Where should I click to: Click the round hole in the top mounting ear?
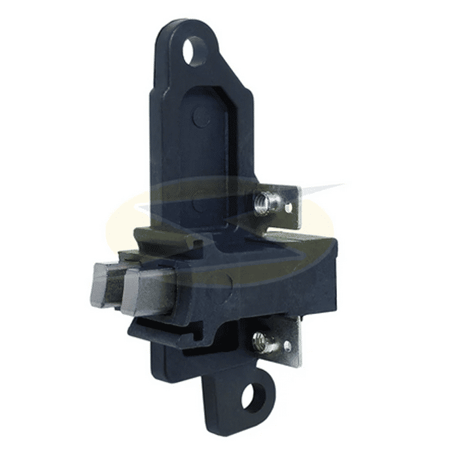pyautogui.click(x=194, y=51)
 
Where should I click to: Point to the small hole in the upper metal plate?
pyautogui.click(x=289, y=207)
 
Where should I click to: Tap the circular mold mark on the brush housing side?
pyautogui.click(x=223, y=283)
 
